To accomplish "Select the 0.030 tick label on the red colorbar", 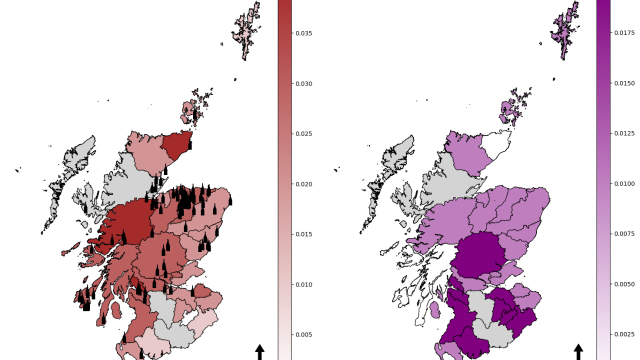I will [x=304, y=84].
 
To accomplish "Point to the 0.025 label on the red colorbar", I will [x=304, y=134].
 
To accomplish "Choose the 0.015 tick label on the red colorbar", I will [x=304, y=234].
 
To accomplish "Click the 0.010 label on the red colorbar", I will [x=304, y=284].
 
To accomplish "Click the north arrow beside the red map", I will [x=260, y=351].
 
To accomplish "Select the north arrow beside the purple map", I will [x=579, y=351].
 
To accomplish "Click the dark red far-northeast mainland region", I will [x=177, y=145].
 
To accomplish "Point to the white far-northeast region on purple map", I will [x=496, y=145].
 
